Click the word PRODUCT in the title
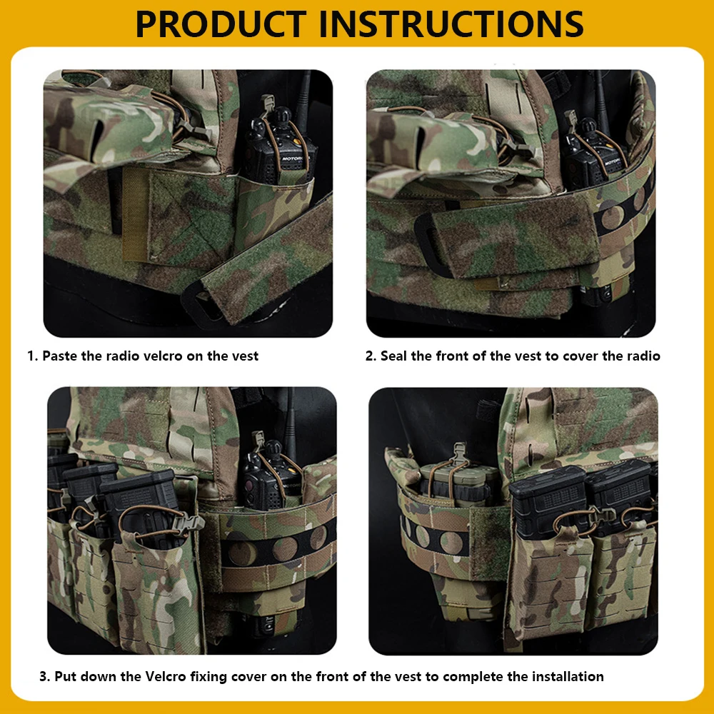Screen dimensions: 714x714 coord(221,24)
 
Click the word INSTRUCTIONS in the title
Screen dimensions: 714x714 coord(451,24)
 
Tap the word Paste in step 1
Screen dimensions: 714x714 coord(60,356)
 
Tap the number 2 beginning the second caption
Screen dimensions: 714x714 coord(370,356)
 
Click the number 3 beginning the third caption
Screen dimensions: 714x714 coord(44,676)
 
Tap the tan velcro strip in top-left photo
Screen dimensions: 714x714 coord(136,214)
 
